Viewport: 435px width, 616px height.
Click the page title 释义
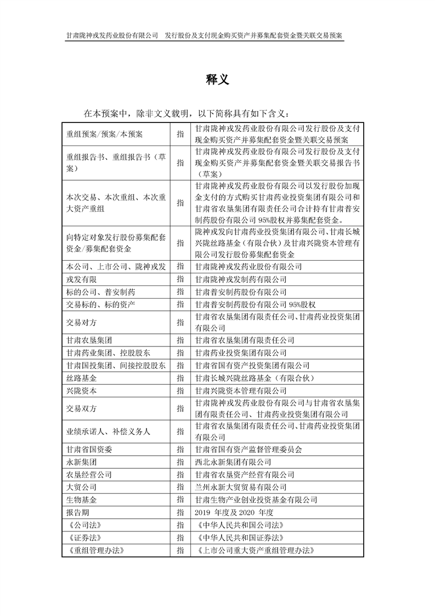(x=217, y=80)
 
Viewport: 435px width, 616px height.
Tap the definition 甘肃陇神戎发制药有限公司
(x=241, y=279)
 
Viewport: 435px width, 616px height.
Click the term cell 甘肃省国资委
(x=89, y=450)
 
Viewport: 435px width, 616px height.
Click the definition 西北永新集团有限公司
(x=233, y=462)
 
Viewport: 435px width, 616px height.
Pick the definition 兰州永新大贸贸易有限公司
(x=241, y=487)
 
